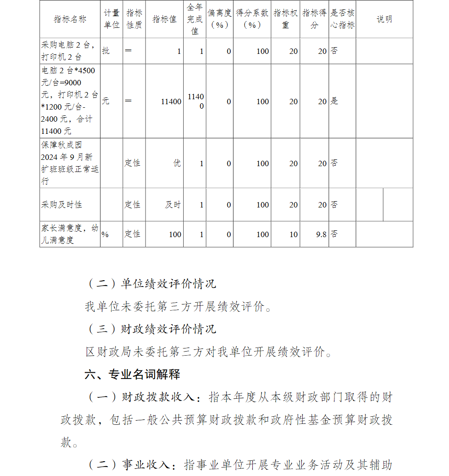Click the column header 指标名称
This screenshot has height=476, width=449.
(70, 19)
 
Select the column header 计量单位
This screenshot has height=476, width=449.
(112, 19)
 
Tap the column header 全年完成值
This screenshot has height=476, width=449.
(195, 19)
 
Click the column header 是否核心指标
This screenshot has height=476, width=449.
(343, 19)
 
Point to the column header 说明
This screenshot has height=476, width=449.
(384, 19)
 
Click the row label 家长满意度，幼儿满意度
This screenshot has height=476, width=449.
(70, 234)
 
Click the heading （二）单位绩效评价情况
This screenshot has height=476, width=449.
(151, 284)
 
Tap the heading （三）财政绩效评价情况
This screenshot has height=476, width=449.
(151, 329)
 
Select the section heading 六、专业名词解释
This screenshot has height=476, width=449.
(132, 374)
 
